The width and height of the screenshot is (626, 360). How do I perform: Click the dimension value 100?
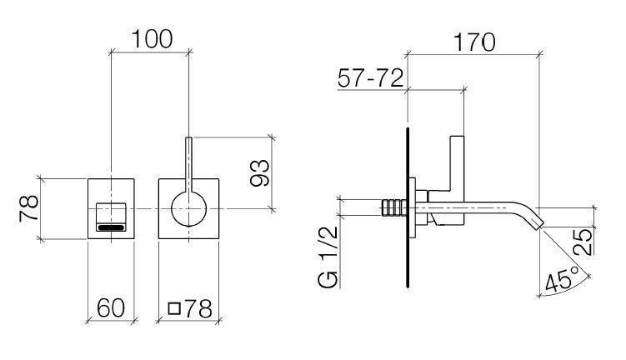152,38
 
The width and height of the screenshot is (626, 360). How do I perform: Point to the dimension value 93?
260,172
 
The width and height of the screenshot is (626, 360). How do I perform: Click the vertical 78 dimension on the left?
27,207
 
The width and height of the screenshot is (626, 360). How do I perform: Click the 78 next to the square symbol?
197,307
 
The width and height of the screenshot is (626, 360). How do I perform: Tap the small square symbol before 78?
174,308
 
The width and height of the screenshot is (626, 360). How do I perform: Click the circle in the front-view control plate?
189,207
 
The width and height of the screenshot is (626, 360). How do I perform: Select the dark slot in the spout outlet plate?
112,226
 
